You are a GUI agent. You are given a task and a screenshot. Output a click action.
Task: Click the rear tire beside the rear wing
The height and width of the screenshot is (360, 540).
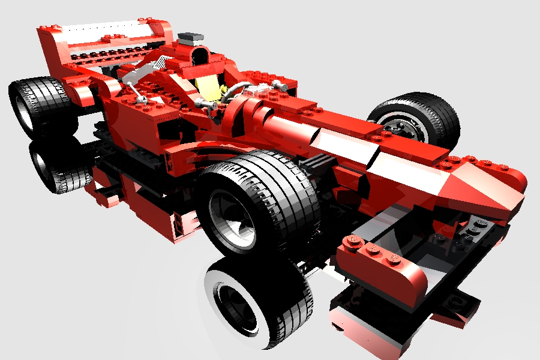coord(36,105)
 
